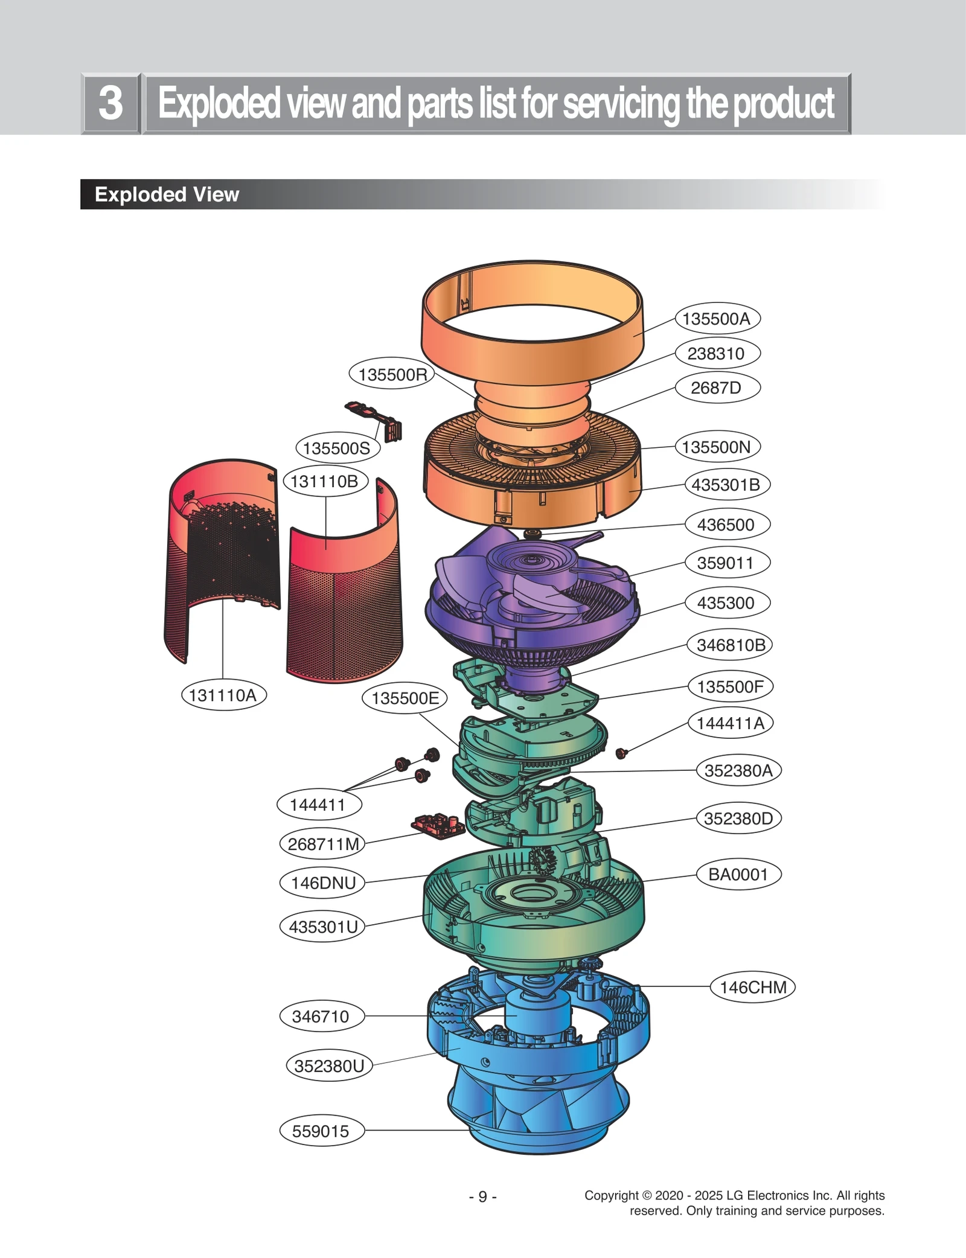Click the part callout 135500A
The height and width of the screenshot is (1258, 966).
716,319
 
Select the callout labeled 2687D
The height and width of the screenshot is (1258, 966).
716,388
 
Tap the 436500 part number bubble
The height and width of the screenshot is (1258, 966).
726,525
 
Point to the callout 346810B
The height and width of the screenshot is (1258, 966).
731,645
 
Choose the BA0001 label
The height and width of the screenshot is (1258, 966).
738,874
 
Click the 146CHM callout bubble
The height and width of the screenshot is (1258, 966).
753,987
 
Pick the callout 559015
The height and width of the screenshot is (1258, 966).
321,1131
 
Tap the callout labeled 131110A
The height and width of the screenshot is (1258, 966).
223,695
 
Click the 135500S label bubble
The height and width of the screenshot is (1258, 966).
337,448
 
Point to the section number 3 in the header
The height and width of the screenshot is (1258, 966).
110,103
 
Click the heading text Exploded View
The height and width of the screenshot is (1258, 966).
167,194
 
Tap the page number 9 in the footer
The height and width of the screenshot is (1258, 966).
482,1196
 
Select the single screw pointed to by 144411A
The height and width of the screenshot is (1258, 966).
621,753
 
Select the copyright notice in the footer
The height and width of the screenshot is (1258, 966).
734,1202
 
